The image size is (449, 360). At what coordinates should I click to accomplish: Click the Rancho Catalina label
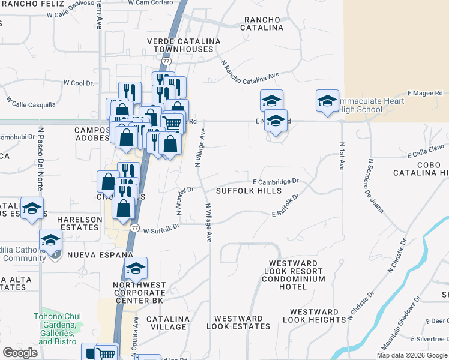tap(262, 23)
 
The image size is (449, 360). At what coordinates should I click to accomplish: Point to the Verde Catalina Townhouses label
tap(184, 45)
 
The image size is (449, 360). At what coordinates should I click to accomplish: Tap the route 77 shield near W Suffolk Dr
tap(135, 229)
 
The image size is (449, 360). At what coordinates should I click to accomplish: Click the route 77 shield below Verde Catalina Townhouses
tap(166, 61)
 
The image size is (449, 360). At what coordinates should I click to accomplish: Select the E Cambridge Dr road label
tap(276, 181)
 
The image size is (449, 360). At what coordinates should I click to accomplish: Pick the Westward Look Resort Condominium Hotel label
tap(297, 275)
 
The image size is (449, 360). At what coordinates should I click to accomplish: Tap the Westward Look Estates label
tap(238, 322)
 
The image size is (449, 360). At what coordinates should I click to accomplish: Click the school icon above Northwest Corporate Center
tap(136, 268)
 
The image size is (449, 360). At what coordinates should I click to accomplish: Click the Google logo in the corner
tap(20, 353)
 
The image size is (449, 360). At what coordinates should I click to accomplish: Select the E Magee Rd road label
tap(424, 93)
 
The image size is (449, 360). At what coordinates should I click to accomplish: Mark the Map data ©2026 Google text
tap(411, 355)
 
